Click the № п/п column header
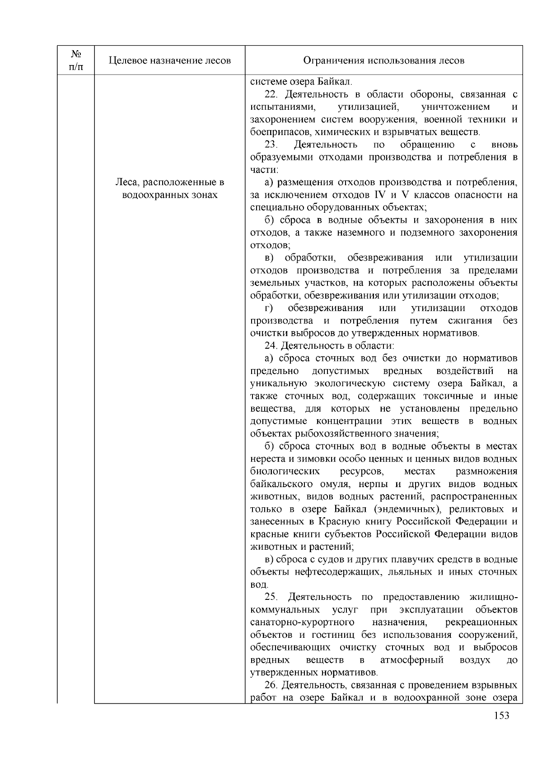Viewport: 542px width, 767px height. click(x=76, y=60)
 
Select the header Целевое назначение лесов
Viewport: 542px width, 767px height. click(x=170, y=61)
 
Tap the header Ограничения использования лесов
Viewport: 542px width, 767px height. click(x=383, y=61)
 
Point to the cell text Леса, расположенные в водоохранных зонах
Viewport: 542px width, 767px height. click(x=170, y=189)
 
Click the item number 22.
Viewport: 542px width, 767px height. click(x=270, y=94)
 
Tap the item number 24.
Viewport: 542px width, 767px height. click(x=270, y=346)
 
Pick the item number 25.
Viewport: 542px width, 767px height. click(x=270, y=597)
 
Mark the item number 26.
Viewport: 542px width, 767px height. click(x=270, y=685)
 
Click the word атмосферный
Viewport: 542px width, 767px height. click(x=412, y=660)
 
